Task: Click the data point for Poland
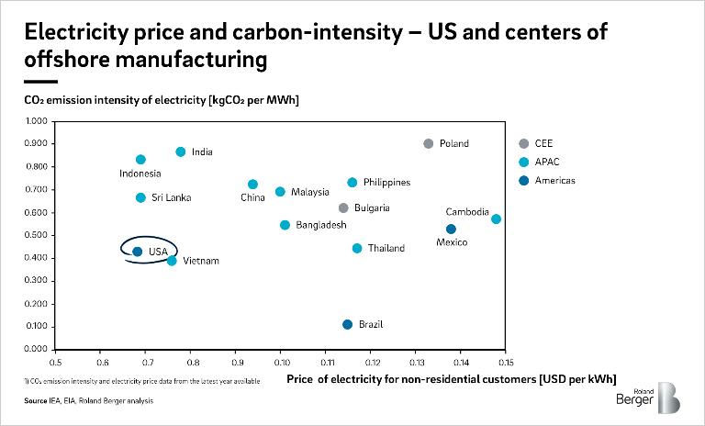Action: (428, 143)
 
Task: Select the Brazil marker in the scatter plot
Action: (347, 324)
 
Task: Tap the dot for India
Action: (181, 151)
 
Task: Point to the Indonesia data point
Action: (140, 160)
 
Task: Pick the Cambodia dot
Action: (496, 219)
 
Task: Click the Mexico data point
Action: (451, 229)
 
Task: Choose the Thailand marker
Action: (357, 248)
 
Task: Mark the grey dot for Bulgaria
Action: (343, 208)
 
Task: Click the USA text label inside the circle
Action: (158, 251)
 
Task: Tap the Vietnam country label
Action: (200, 262)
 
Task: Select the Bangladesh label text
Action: (319, 226)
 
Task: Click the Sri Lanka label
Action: (171, 198)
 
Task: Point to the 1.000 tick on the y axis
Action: (35, 121)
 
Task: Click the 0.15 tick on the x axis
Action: (503, 361)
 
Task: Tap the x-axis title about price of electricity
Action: (451, 378)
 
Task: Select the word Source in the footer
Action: (36, 401)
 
